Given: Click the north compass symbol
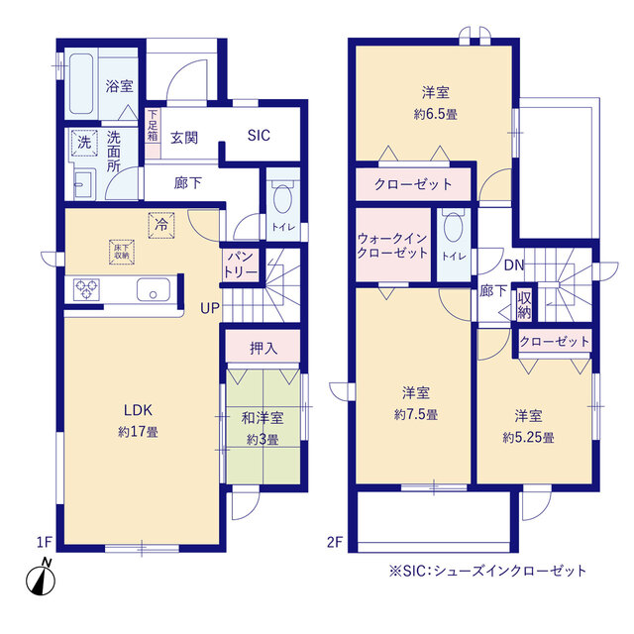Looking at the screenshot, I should [x=42, y=576].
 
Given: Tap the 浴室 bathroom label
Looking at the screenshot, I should [x=120, y=86].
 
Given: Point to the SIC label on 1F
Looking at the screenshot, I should [x=259, y=137].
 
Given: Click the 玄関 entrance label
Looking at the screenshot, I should [x=183, y=138].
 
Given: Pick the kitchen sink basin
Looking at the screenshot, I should [x=153, y=291].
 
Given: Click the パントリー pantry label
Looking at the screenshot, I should [x=239, y=263].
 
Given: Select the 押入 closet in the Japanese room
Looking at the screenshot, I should [x=263, y=348].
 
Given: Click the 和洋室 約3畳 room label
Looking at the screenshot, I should [x=263, y=430].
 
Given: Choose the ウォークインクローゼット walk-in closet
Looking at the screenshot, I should [x=394, y=245].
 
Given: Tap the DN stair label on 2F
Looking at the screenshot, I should [x=514, y=265].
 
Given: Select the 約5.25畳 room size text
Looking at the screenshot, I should [x=527, y=437].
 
